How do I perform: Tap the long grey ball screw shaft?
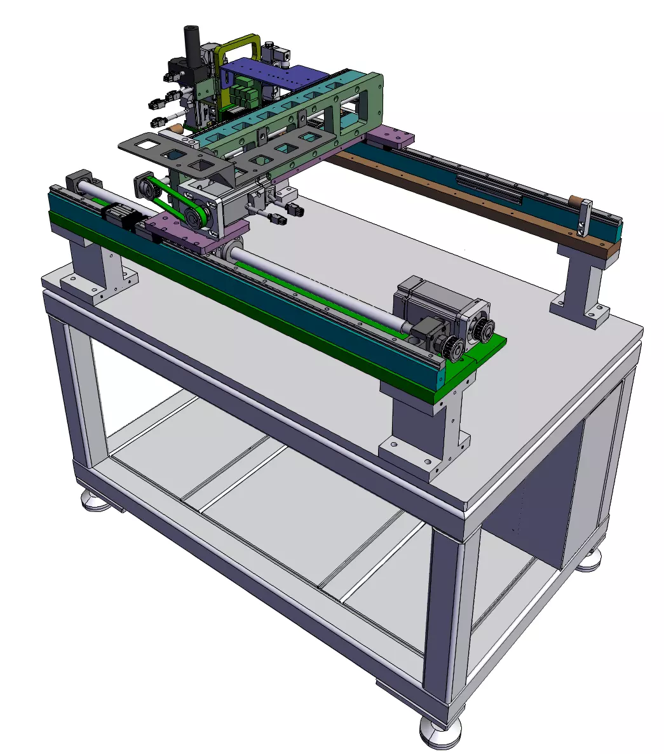[318, 286]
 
